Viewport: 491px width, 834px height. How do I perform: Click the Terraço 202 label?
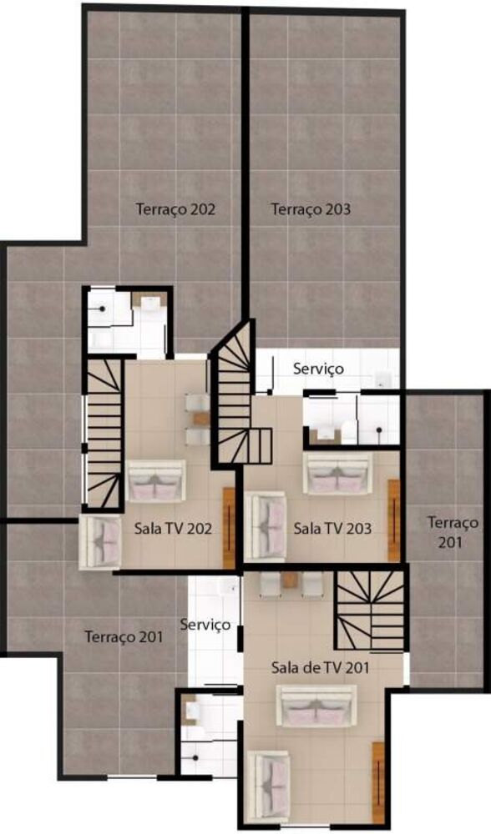point(175,209)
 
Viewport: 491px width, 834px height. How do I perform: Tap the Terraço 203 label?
point(311,209)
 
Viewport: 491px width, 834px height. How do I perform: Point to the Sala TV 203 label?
point(332,528)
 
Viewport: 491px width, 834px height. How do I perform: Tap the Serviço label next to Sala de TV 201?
point(205,624)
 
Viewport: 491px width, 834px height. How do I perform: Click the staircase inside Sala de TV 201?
point(369,610)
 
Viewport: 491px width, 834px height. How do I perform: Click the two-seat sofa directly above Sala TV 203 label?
point(337,475)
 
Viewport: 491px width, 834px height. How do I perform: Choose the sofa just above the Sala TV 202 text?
point(156,481)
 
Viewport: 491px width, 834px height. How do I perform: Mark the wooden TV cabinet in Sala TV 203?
point(394,520)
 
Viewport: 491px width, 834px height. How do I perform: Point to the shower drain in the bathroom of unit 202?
point(102,308)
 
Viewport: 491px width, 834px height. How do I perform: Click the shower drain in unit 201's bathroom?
point(195,757)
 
